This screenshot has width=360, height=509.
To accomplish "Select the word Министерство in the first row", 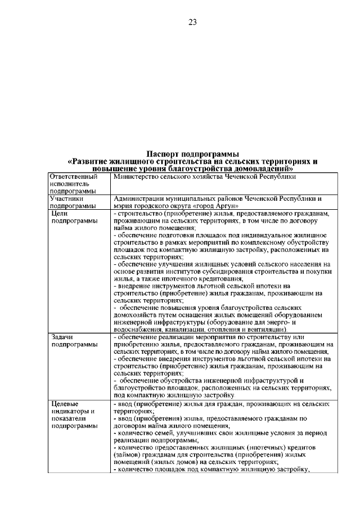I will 136,177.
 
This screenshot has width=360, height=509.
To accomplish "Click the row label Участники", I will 67,199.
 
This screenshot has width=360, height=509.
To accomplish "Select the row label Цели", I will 60,214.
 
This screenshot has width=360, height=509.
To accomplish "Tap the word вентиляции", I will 267,330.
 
